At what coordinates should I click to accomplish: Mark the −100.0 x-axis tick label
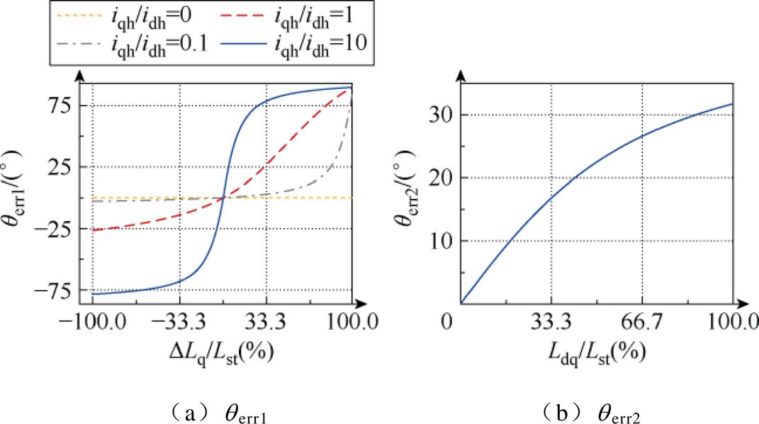coord(91,323)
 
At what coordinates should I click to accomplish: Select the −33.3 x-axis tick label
coord(179,323)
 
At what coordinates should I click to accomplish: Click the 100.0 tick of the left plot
coord(352,323)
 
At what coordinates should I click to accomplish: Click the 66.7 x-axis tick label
coord(642,323)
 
